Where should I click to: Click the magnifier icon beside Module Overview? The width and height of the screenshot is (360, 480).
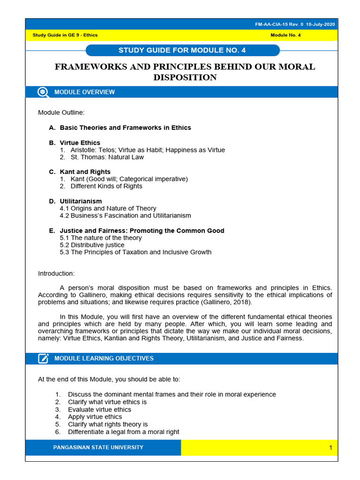43,92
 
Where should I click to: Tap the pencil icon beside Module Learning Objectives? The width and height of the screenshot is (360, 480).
43,359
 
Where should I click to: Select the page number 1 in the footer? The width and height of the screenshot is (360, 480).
330,448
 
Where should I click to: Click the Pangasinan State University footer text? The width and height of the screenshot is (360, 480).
98,448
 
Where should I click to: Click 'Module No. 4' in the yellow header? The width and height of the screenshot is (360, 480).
285,35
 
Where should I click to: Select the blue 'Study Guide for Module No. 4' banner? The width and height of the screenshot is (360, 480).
182,50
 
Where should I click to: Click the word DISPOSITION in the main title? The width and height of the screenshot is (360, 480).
185,77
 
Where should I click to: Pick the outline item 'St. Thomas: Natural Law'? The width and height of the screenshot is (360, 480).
107,157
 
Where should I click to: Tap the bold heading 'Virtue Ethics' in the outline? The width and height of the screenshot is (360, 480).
80,142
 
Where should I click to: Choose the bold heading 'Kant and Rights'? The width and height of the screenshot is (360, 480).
85,172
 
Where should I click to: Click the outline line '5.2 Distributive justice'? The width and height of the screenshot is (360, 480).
92,245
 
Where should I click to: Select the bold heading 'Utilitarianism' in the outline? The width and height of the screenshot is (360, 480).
81,201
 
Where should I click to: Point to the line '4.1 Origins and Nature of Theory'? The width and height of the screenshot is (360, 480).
108,208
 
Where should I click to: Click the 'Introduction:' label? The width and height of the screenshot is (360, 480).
56,274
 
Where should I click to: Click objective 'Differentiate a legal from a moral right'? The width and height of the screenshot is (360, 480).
123,432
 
